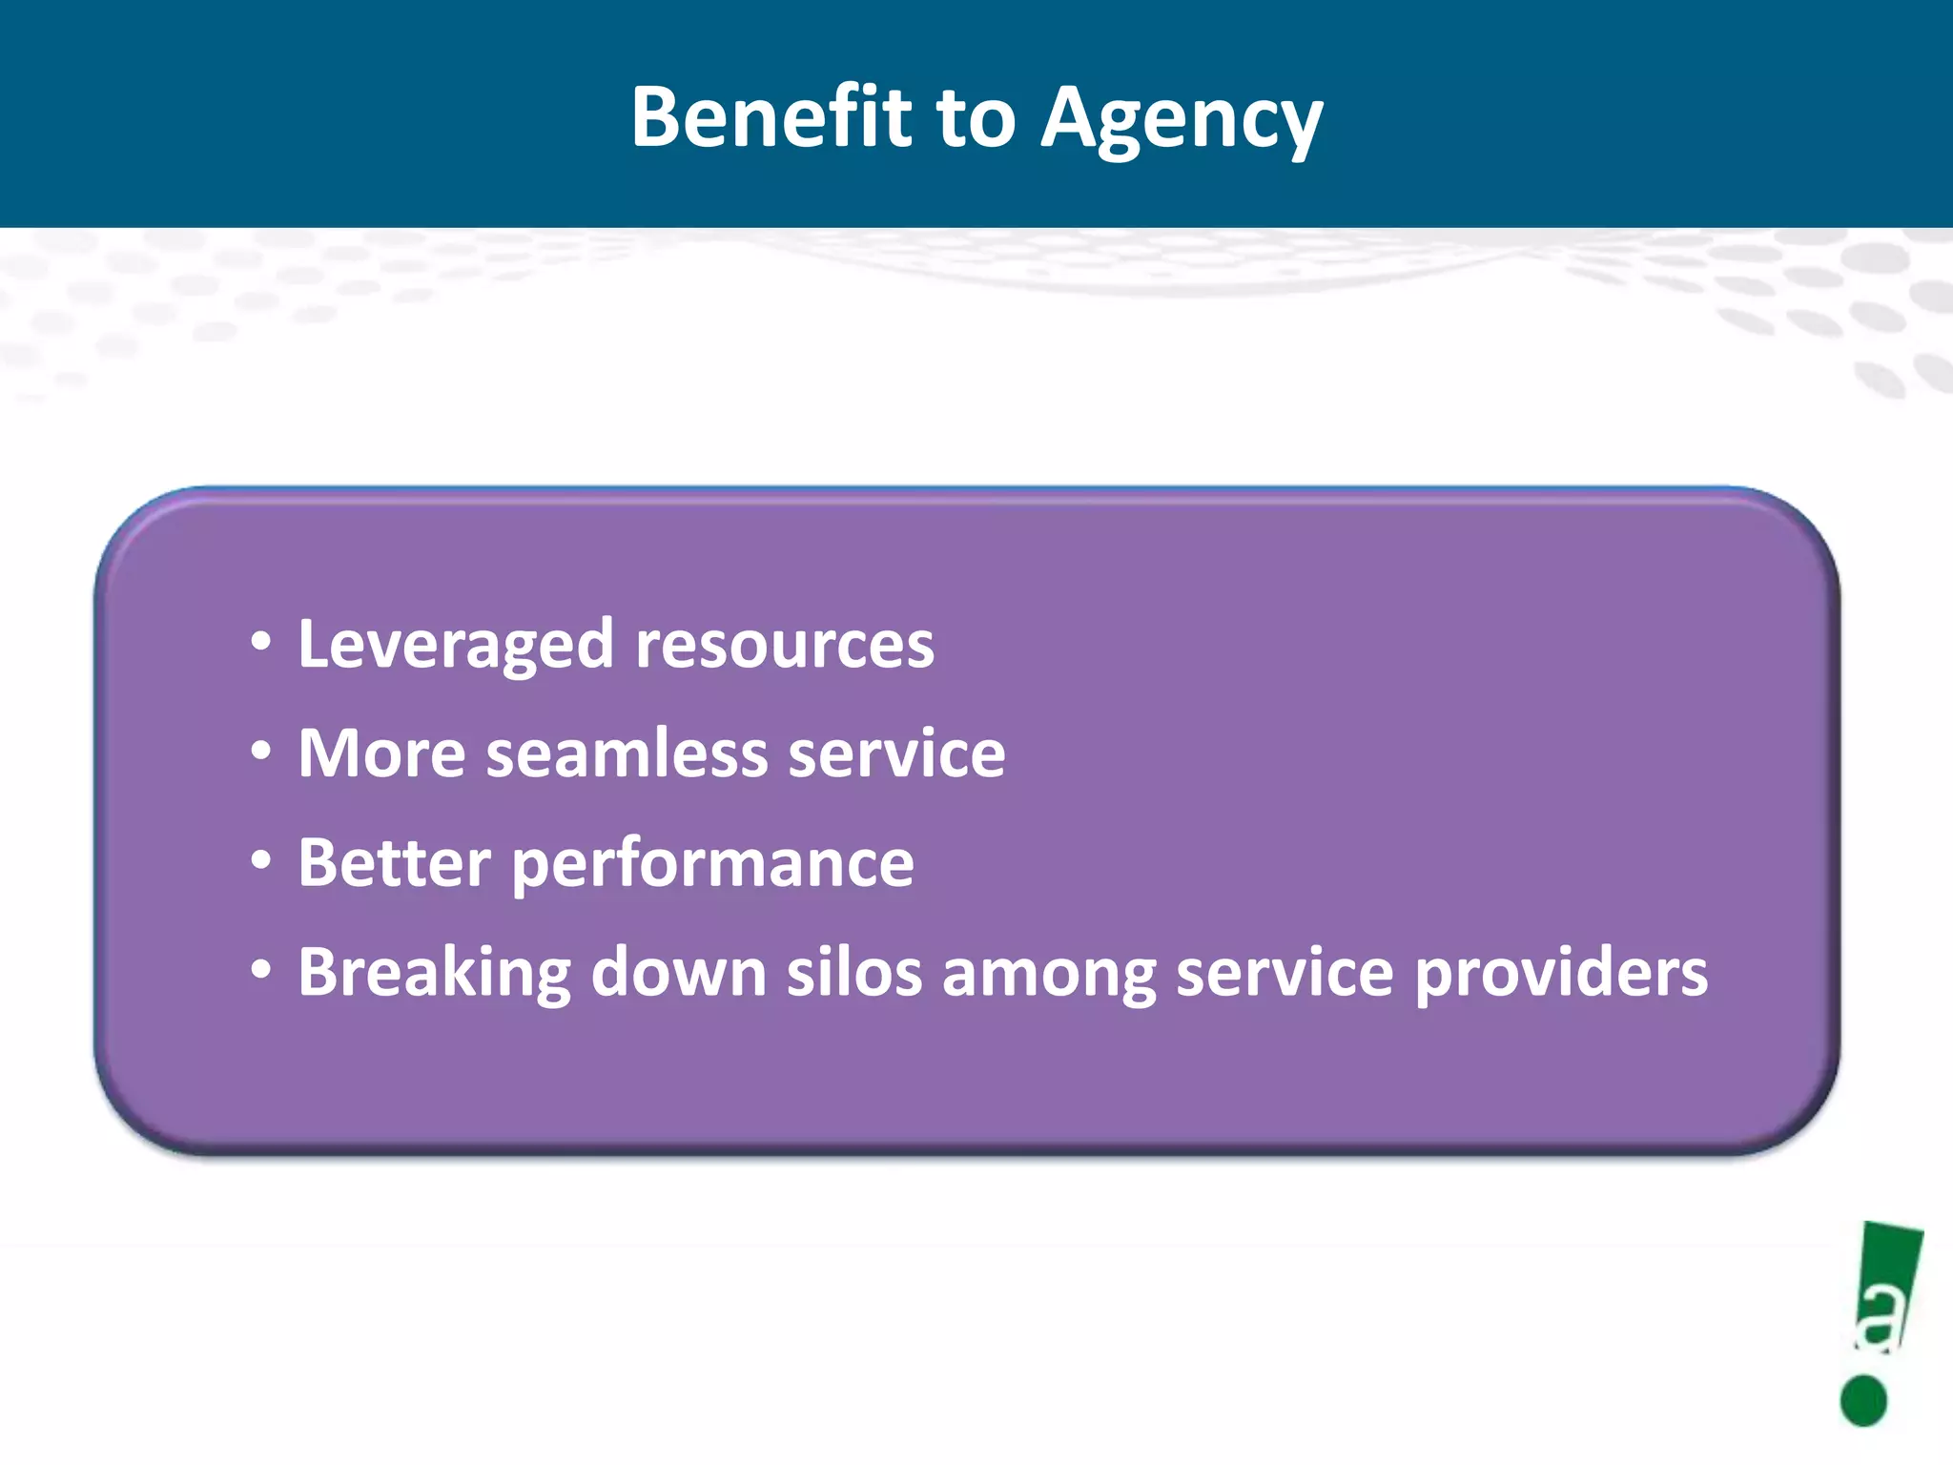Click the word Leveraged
tap(455, 646)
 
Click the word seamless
tap(627, 753)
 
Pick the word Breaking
tap(434, 973)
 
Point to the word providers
tap(1561, 973)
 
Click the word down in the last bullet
tap(679, 972)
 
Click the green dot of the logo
tap(1863, 1400)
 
